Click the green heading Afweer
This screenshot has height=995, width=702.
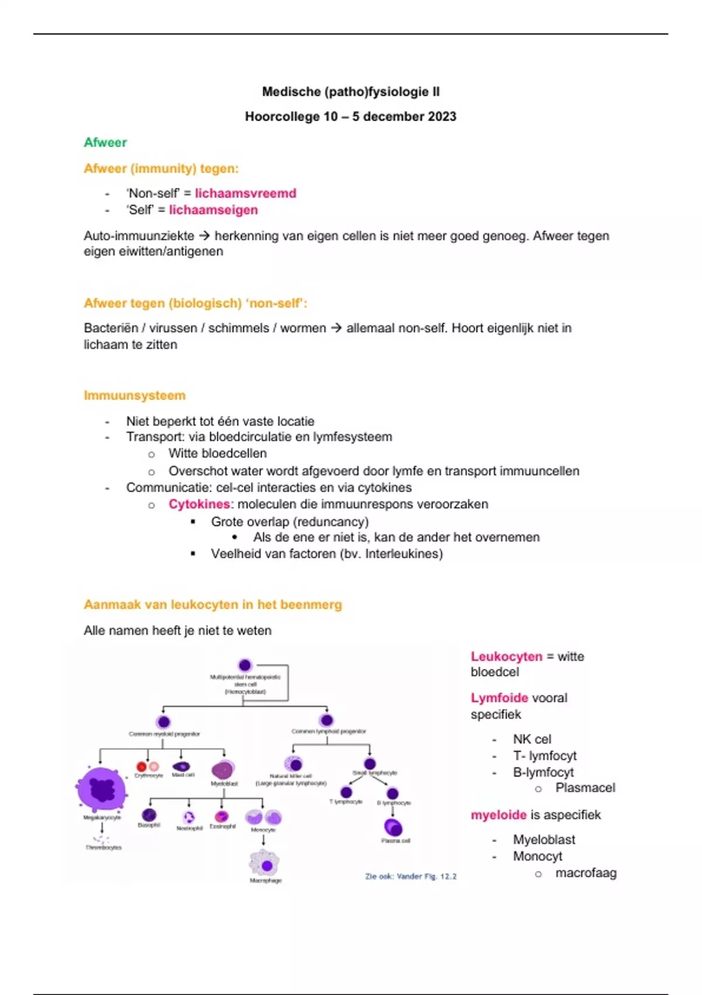tap(105, 142)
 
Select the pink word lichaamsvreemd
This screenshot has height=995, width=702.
tap(246, 193)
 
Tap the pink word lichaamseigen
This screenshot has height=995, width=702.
tap(214, 210)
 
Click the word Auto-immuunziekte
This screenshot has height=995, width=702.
tap(139, 236)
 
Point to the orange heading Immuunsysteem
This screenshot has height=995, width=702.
tap(135, 396)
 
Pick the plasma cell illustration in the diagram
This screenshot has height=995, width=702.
tap(394, 827)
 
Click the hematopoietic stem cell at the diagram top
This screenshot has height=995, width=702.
tap(245, 665)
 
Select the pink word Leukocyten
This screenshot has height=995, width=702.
tap(507, 657)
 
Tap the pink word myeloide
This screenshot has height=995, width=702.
tap(498, 815)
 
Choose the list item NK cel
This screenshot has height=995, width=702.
tap(532, 739)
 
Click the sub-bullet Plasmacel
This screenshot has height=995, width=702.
tap(585, 788)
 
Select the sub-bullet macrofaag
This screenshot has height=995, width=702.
tap(586, 873)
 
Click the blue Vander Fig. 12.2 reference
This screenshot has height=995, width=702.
tap(411, 876)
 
